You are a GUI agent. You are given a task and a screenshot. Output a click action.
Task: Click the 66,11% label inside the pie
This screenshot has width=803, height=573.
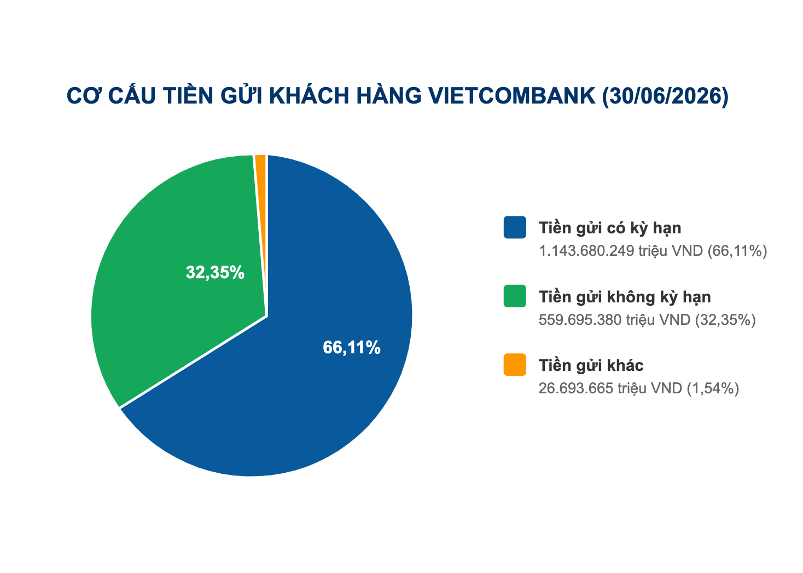pos(351,347)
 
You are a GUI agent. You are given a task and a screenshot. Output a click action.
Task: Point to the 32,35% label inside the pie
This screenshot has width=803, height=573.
pos(215,272)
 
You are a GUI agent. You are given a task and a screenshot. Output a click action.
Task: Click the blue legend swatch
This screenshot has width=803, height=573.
pos(515,227)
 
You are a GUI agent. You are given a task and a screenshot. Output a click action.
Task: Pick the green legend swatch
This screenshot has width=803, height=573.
pos(515,296)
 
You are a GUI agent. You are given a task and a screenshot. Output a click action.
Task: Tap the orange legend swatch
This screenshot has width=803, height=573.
pos(515,365)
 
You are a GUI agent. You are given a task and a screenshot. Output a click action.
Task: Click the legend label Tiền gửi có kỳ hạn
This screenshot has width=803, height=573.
pos(610,228)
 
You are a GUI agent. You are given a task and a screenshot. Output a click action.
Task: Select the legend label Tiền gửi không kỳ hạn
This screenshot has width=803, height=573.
pos(625,297)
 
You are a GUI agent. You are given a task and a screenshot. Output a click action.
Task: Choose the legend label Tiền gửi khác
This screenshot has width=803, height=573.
pos(591,365)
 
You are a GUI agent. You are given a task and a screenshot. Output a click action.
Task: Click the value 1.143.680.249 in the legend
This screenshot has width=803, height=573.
pos(586,250)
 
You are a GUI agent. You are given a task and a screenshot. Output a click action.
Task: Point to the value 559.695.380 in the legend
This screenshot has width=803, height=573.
pos(580,319)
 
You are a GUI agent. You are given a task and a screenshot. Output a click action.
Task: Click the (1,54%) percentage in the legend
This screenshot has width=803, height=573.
pos(713,388)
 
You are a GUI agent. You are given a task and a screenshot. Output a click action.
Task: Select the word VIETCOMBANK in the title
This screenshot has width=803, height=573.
pos(512,96)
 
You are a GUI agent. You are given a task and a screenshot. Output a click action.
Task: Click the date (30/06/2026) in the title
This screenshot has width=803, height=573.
pos(665,96)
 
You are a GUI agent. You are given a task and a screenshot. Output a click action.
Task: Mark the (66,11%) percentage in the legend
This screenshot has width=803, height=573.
pos(737,251)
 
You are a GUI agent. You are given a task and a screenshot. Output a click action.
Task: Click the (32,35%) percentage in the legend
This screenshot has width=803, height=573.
pos(725,320)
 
